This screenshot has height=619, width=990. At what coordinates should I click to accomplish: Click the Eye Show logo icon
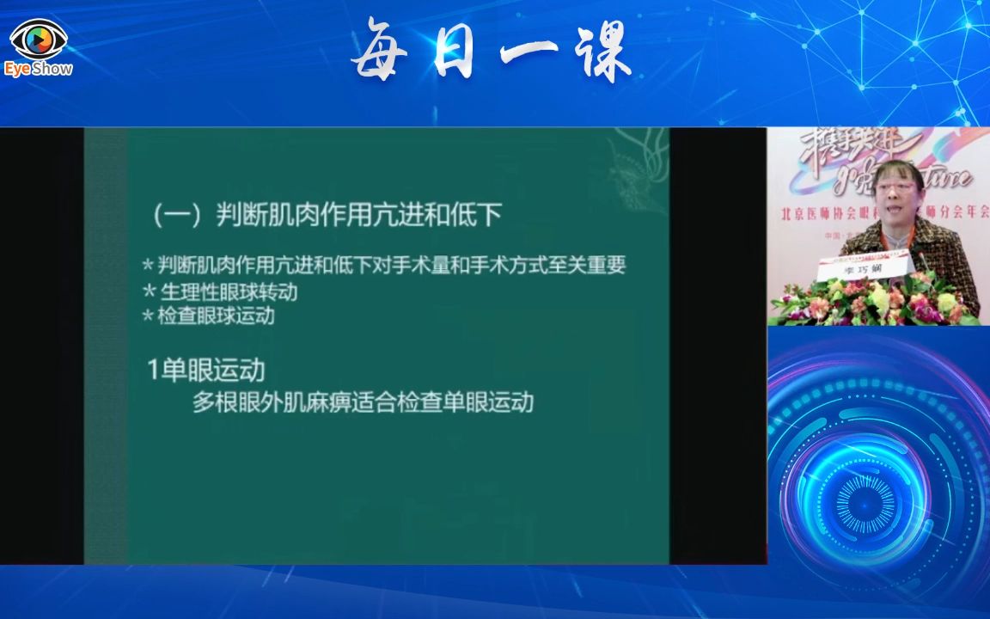[38, 40]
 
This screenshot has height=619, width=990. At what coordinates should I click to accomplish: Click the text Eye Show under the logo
[38, 69]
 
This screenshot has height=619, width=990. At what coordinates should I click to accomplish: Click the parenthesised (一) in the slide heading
[178, 214]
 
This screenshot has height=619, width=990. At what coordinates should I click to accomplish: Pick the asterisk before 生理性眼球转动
[148, 291]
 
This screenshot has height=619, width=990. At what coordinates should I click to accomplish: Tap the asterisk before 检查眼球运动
[148, 316]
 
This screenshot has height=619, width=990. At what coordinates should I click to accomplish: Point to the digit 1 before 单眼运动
[153, 371]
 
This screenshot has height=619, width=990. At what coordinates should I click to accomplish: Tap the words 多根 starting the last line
[213, 402]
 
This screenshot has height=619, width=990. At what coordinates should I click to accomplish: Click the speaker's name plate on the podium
[863, 269]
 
